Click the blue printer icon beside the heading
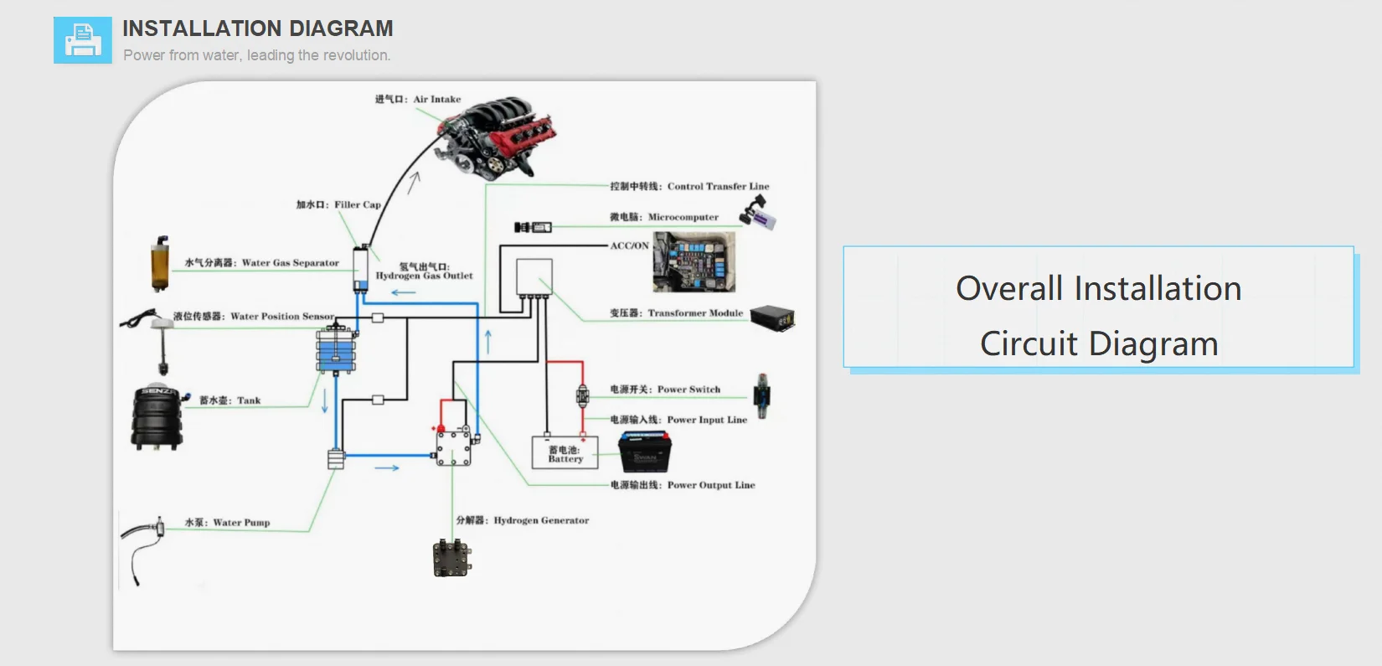pyautogui.click(x=82, y=40)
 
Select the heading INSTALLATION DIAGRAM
pyautogui.click(x=257, y=28)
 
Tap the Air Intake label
pyautogui.click(x=418, y=99)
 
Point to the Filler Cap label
pyautogui.click(x=338, y=204)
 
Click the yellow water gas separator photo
pyautogui.click(x=159, y=263)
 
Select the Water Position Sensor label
pyautogui.click(x=254, y=317)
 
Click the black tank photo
pyautogui.click(x=157, y=417)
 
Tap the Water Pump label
pyautogui.click(x=227, y=523)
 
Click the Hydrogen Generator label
pyautogui.click(x=523, y=520)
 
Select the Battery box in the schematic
pyautogui.click(x=565, y=453)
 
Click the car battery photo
pyautogui.click(x=644, y=452)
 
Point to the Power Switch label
pyautogui.click(x=665, y=390)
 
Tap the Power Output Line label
pyautogui.click(x=683, y=485)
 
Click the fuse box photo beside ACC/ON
pyautogui.click(x=694, y=262)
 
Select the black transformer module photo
pyautogui.click(x=771, y=318)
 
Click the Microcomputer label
pyautogui.click(x=664, y=217)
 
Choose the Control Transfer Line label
pyautogui.click(x=689, y=187)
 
